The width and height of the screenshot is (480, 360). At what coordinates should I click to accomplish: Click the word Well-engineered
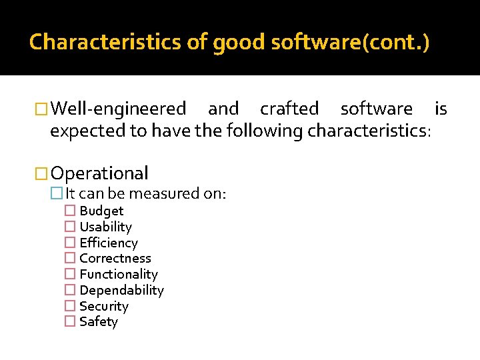pos(119,108)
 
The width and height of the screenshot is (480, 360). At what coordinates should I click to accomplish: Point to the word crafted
pos(289,108)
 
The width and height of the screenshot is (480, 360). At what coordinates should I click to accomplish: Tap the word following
pos(265,131)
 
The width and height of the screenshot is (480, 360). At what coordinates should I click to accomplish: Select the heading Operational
pos(99,173)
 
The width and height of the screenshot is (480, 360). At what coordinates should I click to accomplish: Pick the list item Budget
pos(101,211)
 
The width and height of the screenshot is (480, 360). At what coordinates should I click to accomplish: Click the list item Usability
pos(105,227)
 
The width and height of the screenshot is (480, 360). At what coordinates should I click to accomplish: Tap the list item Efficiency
pos(109,243)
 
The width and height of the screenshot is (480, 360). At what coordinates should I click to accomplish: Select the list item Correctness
pos(115,259)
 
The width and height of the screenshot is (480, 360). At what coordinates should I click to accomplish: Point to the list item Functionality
pos(119,275)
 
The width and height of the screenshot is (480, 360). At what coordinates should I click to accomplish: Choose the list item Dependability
pos(121,291)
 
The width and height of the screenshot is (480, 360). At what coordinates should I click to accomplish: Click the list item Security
pos(104,307)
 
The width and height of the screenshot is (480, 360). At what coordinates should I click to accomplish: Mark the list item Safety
pos(99,322)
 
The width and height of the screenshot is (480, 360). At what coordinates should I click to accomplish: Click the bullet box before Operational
pos(42,174)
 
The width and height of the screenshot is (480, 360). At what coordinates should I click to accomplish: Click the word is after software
pos(441,108)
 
